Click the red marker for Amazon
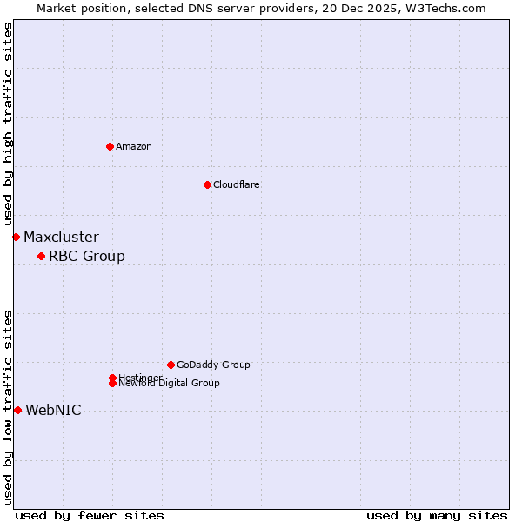pos(110,146)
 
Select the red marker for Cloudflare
pos(207,184)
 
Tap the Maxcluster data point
pos(16,237)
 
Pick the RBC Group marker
pos(41,256)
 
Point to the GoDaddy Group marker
pos(171,365)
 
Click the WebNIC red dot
pos(17,410)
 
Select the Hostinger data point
pos(112,378)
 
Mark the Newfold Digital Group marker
pos(112,384)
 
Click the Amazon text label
pos(134,146)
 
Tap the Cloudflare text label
pos(237,184)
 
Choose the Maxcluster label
pos(61,237)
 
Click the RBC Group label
pos(87,256)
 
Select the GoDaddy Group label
pos(213,365)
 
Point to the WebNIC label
pos(53,410)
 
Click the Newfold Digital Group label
pos(170,384)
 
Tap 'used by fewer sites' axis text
pos(90,515)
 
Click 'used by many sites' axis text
pos(437,515)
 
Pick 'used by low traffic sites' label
pos(8,406)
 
